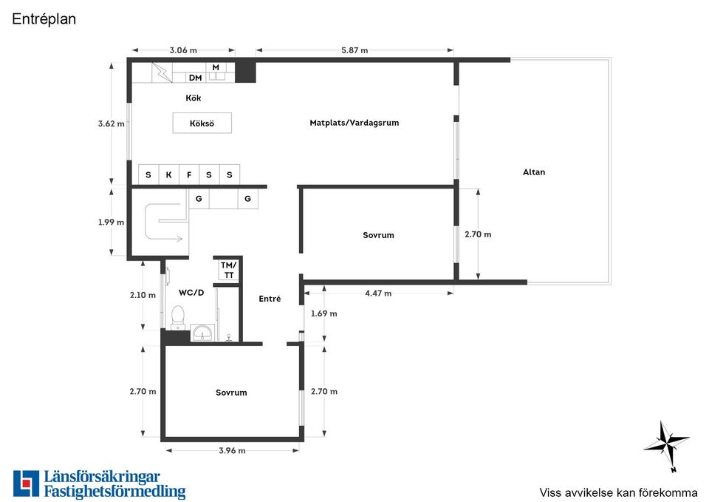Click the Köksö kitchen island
(x=202, y=123)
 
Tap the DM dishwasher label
(x=195, y=78)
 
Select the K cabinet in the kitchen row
(x=168, y=174)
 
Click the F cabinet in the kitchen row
(x=190, y=174)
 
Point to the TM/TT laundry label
(x=229, y=270)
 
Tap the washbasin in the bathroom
(x=202, y=333)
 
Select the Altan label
(x=534, y=172)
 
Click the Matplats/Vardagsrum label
(x=354, y=123)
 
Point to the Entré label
(x=270, y=299)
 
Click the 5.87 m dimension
(x=354, y=50)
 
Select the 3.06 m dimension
(x=183, y=50)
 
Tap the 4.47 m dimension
(x=378, y=294)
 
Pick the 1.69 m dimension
(x=323, y=313)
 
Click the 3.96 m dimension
(x=232, y=450)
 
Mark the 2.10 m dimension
(x=143, y=295)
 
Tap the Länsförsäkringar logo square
(x=27, y=484)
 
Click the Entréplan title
(x=44, y=19)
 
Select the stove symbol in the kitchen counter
(x=162, y=72)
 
